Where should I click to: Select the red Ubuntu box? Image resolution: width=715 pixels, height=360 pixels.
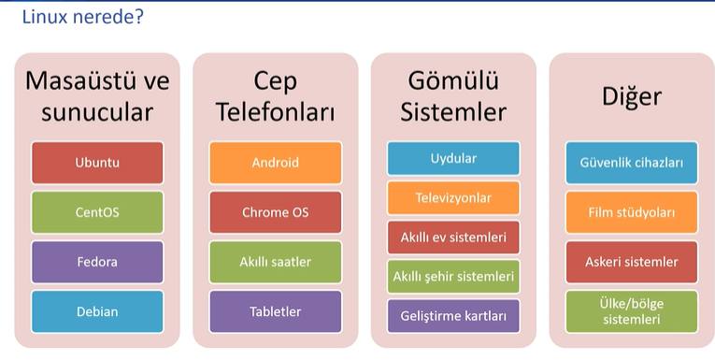coord(97,163)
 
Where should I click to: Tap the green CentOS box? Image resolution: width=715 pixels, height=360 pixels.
coord(97,212)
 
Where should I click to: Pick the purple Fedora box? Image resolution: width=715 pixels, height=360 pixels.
coord(97,262)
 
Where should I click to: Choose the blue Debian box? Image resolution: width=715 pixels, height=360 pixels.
coord(97,311)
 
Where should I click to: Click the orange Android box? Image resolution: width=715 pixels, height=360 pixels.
coord(276,163)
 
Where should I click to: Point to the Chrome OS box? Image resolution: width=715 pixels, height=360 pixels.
coord(276,212)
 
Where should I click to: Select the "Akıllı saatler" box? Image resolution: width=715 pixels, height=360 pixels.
coord(276,262)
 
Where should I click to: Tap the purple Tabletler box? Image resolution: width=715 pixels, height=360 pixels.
coord(276,311)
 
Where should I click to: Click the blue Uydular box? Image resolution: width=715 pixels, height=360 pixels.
coord(453,158)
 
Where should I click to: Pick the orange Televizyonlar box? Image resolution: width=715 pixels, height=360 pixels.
coord(453,198)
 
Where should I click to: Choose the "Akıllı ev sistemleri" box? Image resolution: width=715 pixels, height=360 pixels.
coord(453,238)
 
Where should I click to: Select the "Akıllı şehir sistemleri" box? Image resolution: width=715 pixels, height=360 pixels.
coord(453,277)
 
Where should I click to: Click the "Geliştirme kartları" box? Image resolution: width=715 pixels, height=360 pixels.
coord(453,316)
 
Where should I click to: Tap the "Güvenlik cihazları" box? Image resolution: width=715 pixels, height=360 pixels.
coord(632,163)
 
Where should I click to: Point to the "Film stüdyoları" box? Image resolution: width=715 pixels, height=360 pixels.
coord(632,212)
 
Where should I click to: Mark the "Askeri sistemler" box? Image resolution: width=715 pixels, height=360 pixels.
coord(632,262)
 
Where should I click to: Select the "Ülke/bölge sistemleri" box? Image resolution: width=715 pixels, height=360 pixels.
coord(632,311)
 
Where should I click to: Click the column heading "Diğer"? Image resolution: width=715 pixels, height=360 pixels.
coord(632,96)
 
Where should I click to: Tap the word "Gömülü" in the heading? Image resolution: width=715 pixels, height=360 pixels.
coord(453,81)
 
